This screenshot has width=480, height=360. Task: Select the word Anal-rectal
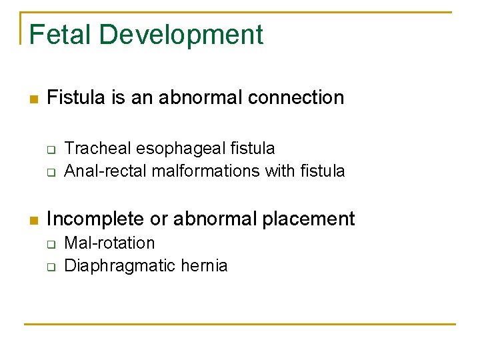click(x=105, y=171)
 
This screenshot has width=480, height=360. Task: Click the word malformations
click(x=206, y=171)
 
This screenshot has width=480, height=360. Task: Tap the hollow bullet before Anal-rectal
click(x=49, y=173)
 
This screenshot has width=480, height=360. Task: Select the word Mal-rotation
click(x=109, y=243)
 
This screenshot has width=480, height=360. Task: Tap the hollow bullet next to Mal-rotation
click(x=49, y=244)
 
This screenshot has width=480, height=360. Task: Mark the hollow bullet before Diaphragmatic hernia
click(x=49, y=267)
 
